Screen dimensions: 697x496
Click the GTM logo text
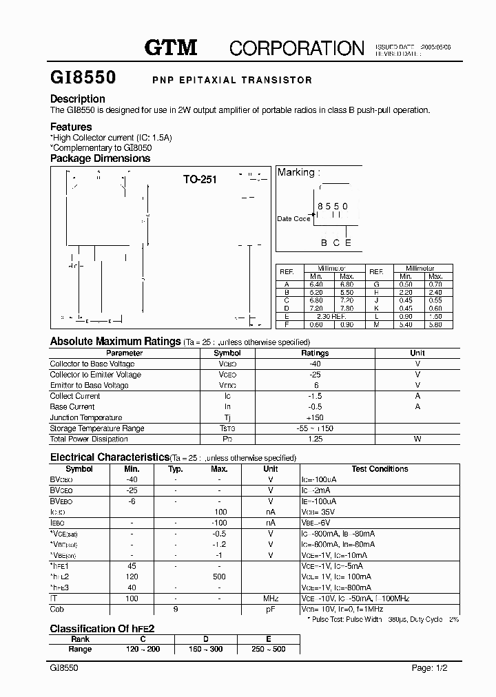point(171,48)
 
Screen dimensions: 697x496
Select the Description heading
point(77,98)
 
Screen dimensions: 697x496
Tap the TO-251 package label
point(200,180)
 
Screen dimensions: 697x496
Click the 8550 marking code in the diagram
point(332,206)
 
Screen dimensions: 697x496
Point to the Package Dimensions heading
point(100,158)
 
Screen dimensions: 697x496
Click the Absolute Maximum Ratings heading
point(115,341)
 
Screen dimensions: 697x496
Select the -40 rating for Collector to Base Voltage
point(316,364)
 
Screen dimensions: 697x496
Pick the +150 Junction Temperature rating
point(315,417)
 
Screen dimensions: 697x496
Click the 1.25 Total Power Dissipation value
point(316,439)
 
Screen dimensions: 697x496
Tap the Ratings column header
point(316,353)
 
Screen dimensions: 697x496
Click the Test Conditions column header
point(380,469)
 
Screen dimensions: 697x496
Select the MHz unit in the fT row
point(271,599)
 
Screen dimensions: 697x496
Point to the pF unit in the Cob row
point(271,610)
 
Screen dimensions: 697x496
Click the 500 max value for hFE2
point(220,576)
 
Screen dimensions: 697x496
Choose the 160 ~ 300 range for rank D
point(205,649)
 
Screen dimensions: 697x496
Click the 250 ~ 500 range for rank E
point(268,649)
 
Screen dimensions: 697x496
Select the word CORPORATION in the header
point(296,48)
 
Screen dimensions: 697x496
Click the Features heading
point(71,127)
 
